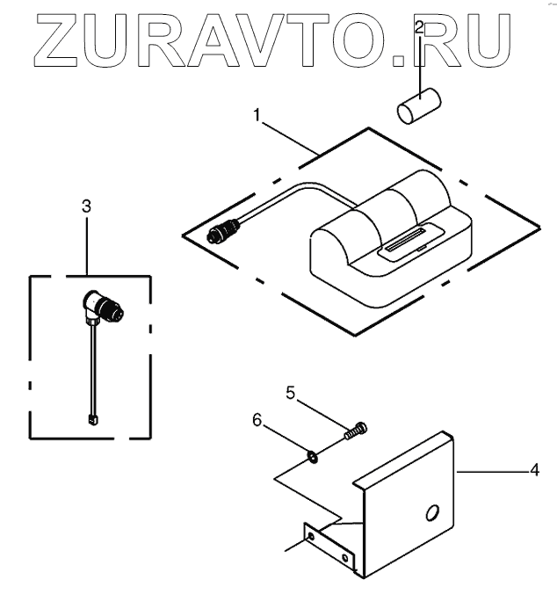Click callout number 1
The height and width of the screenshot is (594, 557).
tap(257, 115)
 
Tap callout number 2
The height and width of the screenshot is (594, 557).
tap(420, 29)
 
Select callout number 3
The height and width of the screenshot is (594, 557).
tap(86, 206)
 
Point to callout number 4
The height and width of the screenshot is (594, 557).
tap(533, 472)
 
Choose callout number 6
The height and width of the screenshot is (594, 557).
tap(257, 420)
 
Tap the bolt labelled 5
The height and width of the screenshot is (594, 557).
tap(356, 431)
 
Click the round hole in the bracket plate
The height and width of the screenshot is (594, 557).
tap(431, 511)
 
